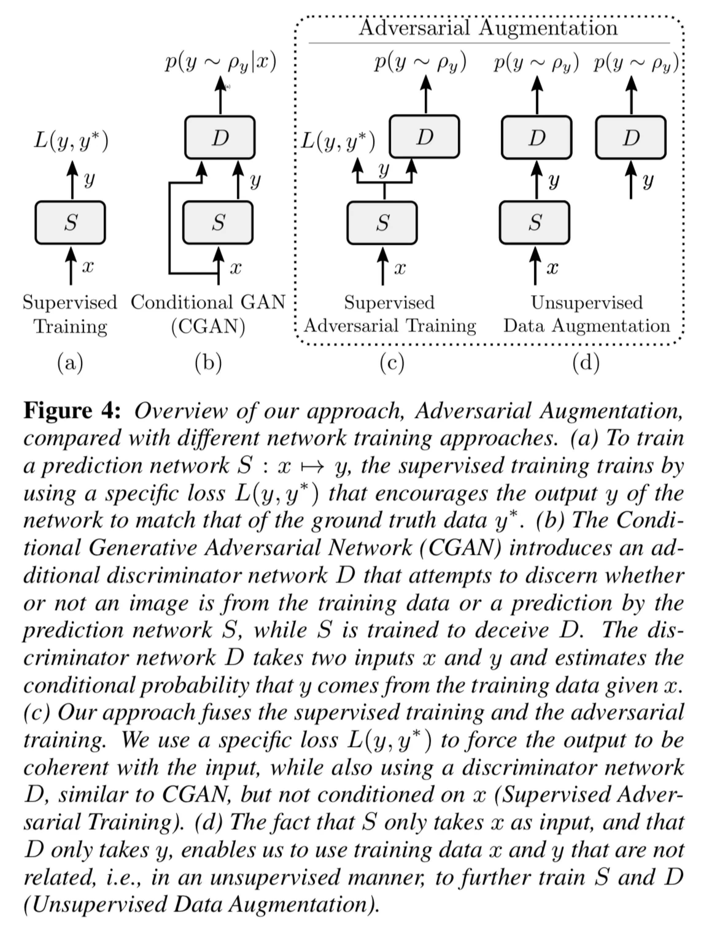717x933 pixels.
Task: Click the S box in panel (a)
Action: (70, 223)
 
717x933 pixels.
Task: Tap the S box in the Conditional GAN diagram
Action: (218, 223)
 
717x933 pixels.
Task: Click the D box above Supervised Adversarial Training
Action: (425, 137)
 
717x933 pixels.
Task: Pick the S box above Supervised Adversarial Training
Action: (382, 223)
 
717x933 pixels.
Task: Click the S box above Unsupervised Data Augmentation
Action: (535, 223)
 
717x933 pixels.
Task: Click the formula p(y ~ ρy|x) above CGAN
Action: (221, 63)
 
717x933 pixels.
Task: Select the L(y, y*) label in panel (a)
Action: (71, 141)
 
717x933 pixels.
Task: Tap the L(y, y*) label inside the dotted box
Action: (338, 141)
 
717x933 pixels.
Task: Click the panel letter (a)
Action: (70, 363)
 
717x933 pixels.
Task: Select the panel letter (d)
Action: (586, 363)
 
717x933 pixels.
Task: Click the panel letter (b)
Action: (208, 363)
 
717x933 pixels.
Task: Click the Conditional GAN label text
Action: (208, 302)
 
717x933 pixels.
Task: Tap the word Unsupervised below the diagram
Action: (587, 302)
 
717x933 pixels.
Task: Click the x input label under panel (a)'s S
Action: (87, 267)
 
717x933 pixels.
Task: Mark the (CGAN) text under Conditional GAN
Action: (208, 327)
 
